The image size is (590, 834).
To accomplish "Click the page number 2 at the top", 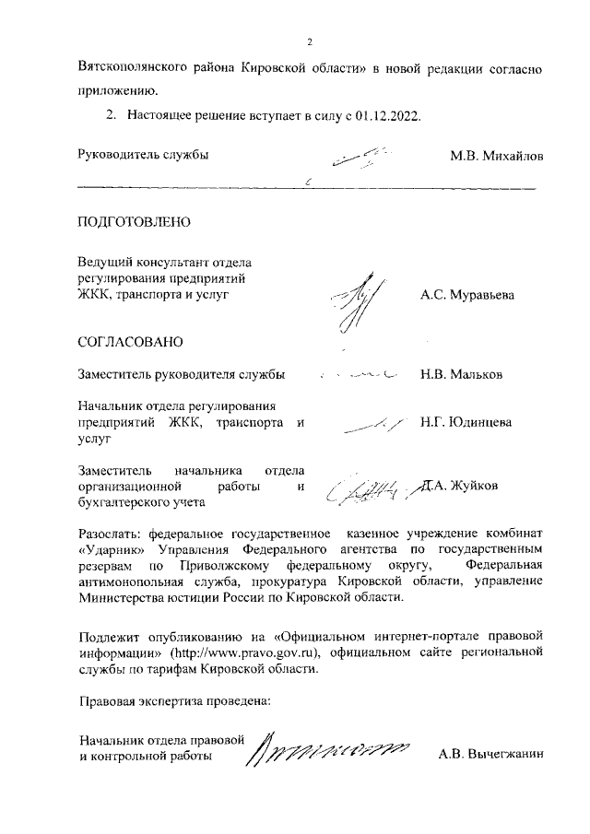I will pos(311,41).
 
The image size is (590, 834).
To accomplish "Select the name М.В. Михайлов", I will pos(496,155).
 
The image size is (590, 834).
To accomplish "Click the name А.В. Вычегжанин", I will pos(492,755).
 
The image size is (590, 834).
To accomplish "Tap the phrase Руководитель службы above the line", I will pos(143,155).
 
